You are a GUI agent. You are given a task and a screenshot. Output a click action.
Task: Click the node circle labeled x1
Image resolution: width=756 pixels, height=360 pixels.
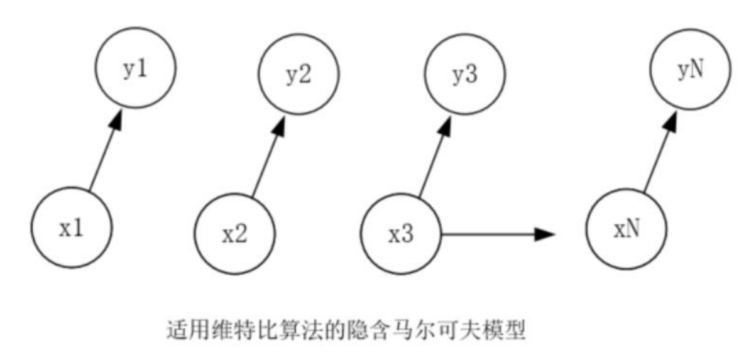tap(72, 227)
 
